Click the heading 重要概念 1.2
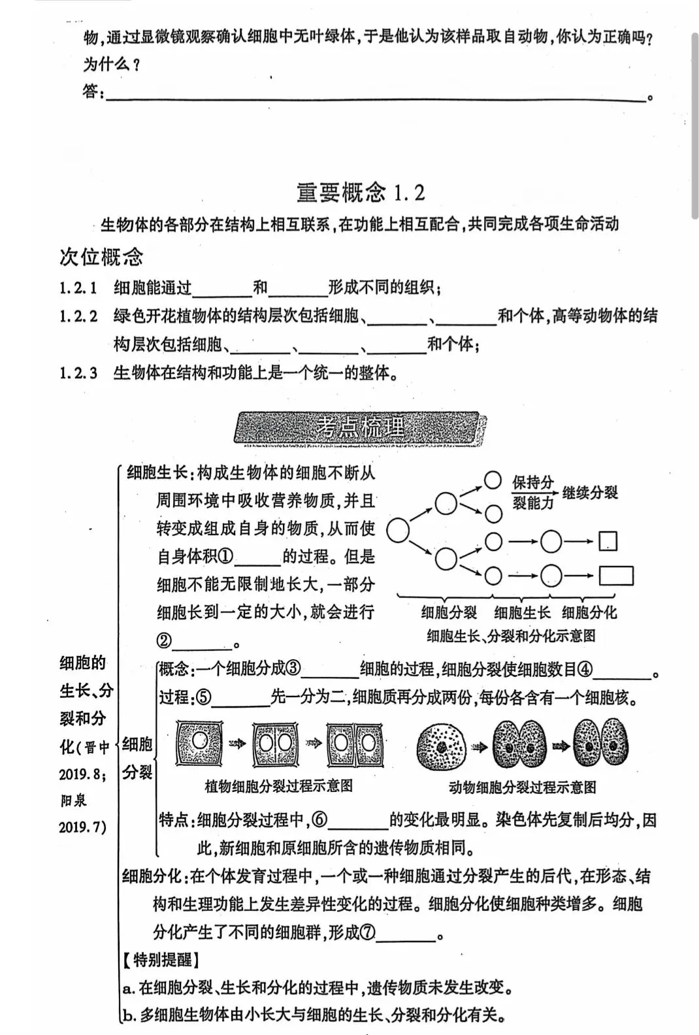pyautogui.click(x=361, y=193)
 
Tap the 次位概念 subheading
pyautogui.click(x=101, y=257)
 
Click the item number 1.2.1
pyautogui.click(x=78, y=287)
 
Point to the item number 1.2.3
pyautogui.click(x=78, y=373)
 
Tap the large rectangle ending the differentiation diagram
pyautogui.click(x=616, y=575)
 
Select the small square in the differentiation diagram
pyautogui.click(x=608, y=541)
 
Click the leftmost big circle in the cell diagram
pyautogui.click(x=398, y=531)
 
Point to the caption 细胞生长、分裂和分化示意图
pyautogui.click(x=511, y=635)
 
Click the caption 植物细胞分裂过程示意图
pyautogui.click(x=279, y=786)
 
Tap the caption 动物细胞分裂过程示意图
pyautogui.click(x=522, y=787)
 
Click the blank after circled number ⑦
pyautogui.click(x=406, y=933)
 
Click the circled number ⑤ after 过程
pyautogui.click(x=203, y=698)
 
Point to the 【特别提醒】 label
pyautogui.click(x=160, y=961)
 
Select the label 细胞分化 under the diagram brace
pyautogui.click(x=589, y=612)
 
